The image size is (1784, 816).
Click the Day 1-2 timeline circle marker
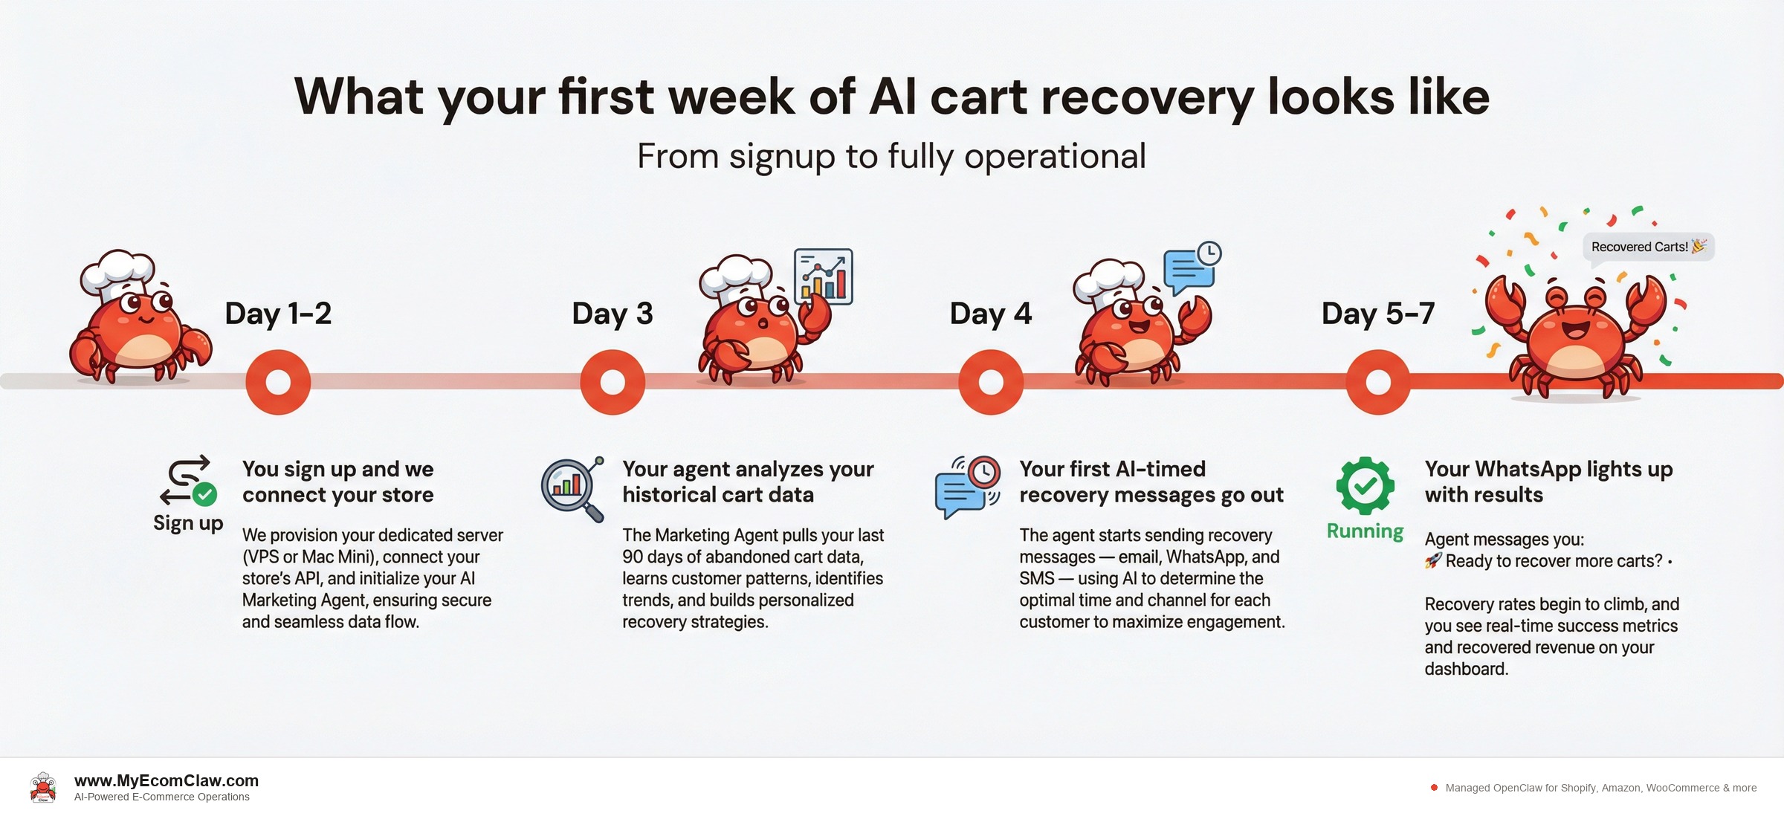click(278, 382)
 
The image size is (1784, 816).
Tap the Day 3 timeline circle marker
click(613, 382)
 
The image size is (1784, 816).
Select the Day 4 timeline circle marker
click(991, 382)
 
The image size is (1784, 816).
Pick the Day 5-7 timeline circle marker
click(1378, 382)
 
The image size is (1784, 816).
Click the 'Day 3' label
click(612, 314)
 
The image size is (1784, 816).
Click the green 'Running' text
click(1365, 531)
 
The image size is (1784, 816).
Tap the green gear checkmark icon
click(1365, 485)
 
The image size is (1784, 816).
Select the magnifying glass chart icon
click(571, 488)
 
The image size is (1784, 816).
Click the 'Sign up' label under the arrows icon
click(188, 523)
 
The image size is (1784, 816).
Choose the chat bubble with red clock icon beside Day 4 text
click(967, 487)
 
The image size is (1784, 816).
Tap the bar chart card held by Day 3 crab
click(824, 276)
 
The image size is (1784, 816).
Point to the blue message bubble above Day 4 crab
click(1190, 269)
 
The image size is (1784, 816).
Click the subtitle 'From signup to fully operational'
click(891, 157)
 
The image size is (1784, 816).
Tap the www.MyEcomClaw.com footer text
click(167, 780)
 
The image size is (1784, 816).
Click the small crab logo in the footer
click(43, 788)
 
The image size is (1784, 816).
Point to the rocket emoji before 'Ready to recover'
click(1432, 561)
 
